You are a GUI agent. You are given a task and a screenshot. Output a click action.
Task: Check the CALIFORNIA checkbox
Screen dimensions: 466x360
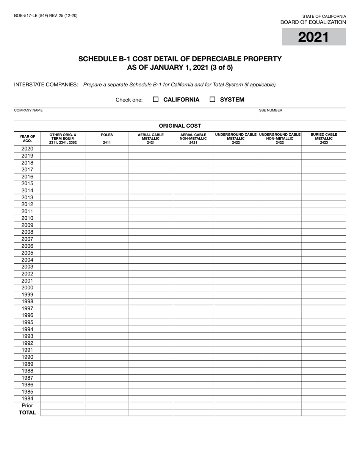click(x=155, y=99)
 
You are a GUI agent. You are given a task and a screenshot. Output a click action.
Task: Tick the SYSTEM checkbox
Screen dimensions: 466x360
click(x=212, y=99)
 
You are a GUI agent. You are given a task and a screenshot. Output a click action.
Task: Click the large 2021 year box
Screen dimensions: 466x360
click(x=314, y=37)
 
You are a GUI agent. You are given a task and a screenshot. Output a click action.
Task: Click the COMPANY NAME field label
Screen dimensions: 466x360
click(x=28, y=111)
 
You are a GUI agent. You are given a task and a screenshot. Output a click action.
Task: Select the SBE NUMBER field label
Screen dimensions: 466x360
click(x=271, y=111)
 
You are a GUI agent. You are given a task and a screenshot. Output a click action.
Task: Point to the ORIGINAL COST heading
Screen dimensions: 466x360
click(x=180, y=126)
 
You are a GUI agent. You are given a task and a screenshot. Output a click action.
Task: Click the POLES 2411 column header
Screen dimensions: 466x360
click(x=107, y=138)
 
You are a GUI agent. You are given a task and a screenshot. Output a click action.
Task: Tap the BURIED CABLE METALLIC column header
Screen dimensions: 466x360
click(x=324, y=138)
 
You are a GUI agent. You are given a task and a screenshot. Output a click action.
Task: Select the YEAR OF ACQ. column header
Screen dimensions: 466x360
click(x=27, y=138)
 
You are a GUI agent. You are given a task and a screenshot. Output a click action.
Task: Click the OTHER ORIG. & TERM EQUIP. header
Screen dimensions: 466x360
click(x=63, y=138)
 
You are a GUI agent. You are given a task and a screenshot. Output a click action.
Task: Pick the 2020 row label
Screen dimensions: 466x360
click(x=27, y=149)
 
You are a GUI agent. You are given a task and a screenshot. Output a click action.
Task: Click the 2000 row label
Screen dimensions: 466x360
click(x=27, y=288)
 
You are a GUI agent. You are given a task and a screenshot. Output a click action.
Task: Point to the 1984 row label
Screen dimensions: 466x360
click(x=27, y=399)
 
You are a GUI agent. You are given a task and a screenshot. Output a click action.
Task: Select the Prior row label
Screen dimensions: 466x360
click(x=27, y=405)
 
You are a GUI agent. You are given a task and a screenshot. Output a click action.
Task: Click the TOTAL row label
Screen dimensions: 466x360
click(x=27, y=413)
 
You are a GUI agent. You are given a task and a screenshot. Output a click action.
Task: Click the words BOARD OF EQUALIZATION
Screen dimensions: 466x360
click(x=313, y=22)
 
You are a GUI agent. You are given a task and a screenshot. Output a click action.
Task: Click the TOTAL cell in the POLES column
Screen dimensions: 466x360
click(x=107, y=413)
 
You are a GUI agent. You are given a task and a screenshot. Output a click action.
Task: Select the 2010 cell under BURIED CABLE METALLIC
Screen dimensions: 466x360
click(x=324, y=218)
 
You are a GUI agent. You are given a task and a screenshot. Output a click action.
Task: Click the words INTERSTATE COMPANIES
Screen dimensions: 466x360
click(x=46, y=84)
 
